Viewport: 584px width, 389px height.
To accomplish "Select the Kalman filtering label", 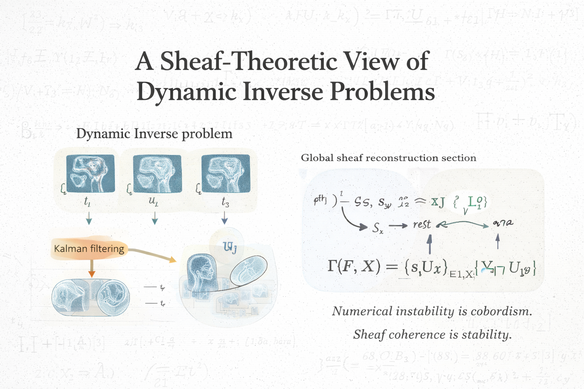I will tap(89, 249).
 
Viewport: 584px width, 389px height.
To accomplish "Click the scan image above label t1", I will tap(90, 174).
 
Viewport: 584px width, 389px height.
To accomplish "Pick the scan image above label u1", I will tap(157, 174).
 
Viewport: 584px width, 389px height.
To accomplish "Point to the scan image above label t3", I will tap(226, 174).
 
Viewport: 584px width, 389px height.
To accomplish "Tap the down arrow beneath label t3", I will tap(224, 218).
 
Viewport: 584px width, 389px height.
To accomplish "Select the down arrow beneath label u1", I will tap(155, 218).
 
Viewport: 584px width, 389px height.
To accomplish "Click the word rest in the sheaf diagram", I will tap(422, 225).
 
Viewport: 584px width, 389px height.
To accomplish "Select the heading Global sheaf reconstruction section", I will tap(389, 158).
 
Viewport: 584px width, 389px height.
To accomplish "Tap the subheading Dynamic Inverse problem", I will tap(154, 134).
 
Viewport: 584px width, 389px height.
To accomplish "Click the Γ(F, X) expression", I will tap(354, 267).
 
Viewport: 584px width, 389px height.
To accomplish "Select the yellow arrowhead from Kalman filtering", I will tap(173, 260).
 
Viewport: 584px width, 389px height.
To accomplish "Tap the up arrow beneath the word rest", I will tap(430, 243).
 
